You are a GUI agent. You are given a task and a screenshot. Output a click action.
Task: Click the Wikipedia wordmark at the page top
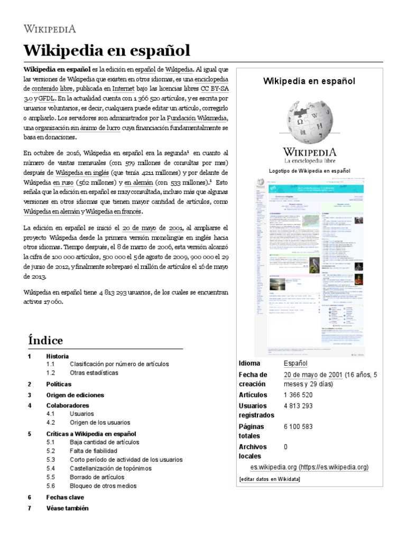point(50,29)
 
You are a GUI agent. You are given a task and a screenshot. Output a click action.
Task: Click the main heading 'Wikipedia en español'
point(106,51)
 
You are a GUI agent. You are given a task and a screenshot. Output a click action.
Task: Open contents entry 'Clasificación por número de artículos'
point(119,364)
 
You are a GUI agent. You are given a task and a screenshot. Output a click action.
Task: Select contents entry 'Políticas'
point(59,384)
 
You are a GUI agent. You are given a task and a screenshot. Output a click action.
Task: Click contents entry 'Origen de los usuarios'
point(100,423)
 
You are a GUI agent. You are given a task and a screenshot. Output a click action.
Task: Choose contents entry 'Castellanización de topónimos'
point(110,468)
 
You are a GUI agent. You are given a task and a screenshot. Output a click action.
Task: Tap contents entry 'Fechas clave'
point(65,497)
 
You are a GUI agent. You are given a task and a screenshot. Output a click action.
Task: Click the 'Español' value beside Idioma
point(296,363)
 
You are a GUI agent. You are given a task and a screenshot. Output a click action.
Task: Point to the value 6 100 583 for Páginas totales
point(298,426)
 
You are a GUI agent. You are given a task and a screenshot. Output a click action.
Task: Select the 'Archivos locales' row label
point(253,451)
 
